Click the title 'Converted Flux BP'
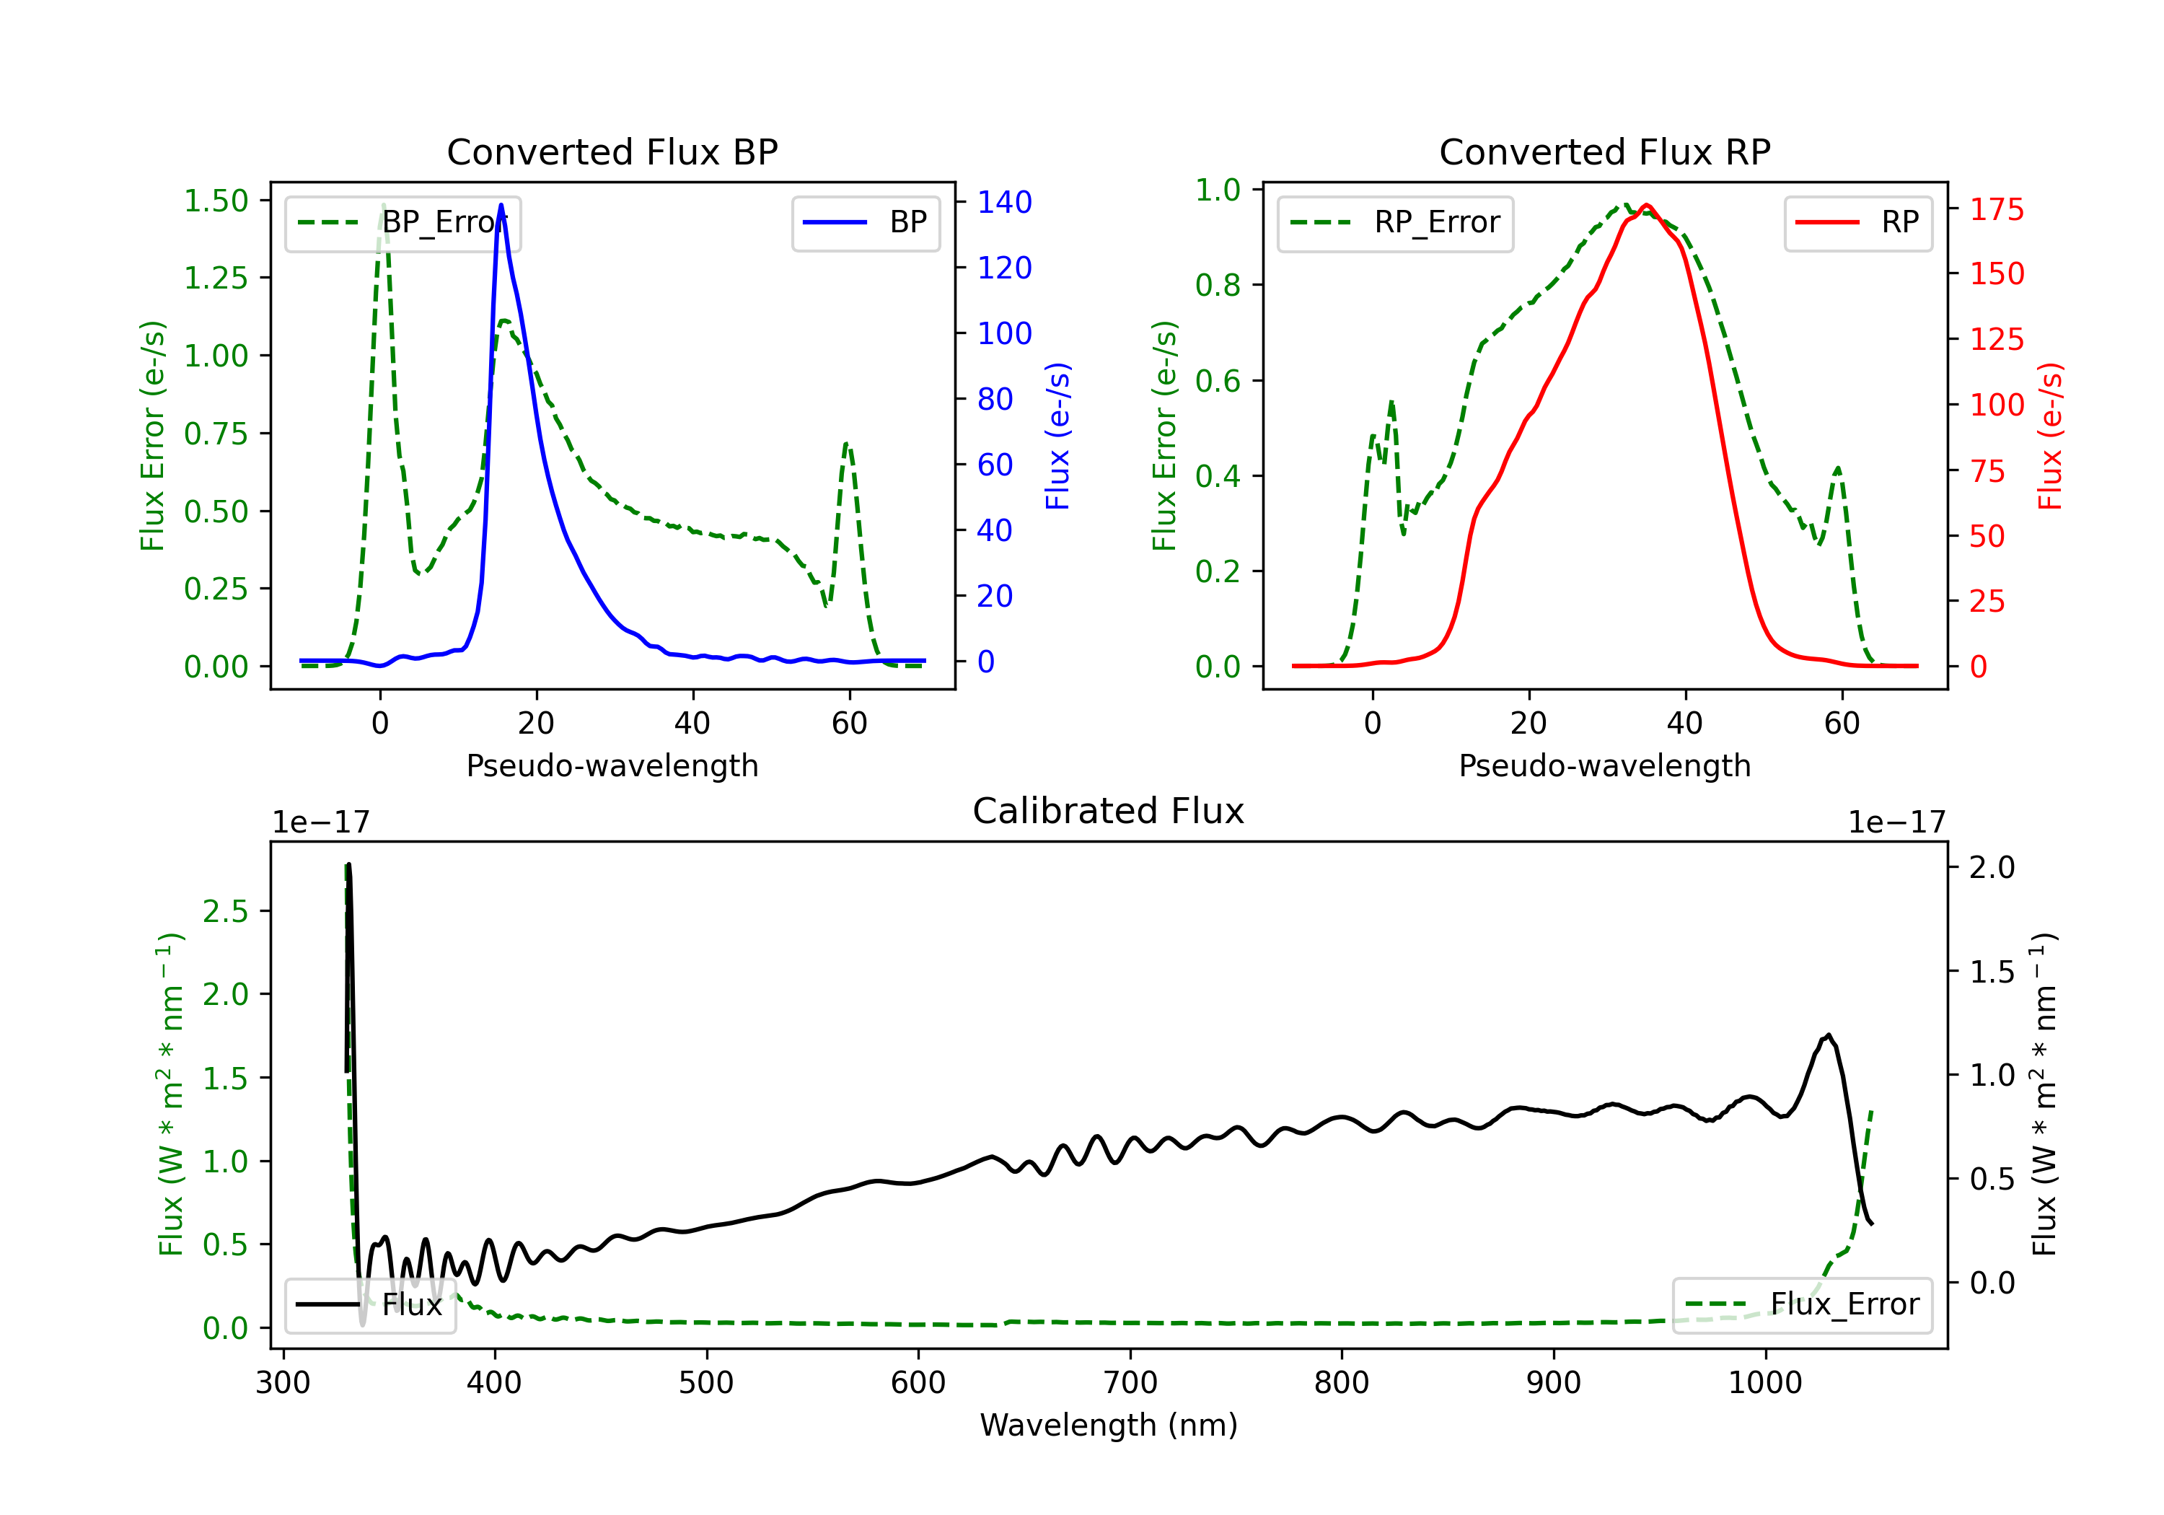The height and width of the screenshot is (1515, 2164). pyautogui.click(x=612, y=151)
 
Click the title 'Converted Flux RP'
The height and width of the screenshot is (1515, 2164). pyautogui.click(x=1604, y=151)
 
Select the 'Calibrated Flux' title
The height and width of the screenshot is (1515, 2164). pyautogui.click(x=1109, y=811)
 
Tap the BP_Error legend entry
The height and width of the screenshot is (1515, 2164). pyautogui.click(x=403, y=222)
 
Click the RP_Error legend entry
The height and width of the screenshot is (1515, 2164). pyautogui.click(x=1395, y=222)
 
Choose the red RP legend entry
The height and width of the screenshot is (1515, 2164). pyautogui.click(x=1857, y=222)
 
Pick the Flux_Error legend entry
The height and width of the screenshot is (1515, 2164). pyautogui.click(x=1802, y=1305)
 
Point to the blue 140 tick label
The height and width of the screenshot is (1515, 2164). pyautogui.click(x=1004, y=202)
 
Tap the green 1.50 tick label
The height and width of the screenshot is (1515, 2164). pyautogui.click(x=216, y=201)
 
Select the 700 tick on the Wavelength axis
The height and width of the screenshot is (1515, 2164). pyautogui.click(x=1130, y=1383)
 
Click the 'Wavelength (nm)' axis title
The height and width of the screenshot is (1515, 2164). pyautogui.click(x=1109, y=1425)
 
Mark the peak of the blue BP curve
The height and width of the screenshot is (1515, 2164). pyautogui.click(x=501, y=205)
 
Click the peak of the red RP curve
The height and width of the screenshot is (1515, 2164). pyautogui.click(x=1645, y=206)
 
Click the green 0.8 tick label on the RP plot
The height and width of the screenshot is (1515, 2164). pyautogui.click(x=1218, y=285)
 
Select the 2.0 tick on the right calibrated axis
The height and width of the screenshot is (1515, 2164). pyautogui.click(x=1992, y=867)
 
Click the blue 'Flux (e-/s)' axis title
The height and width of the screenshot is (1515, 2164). pyautogui.click(x=1057, y=436)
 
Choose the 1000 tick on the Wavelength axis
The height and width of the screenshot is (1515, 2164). pyautogui.click(x=1765, y=1383)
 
